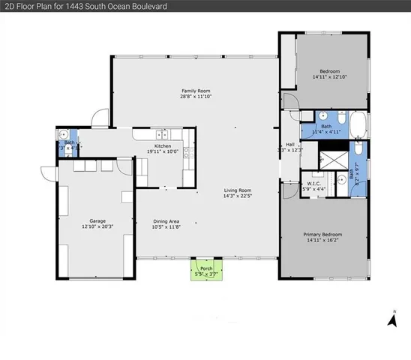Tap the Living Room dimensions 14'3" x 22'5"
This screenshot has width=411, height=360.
click(x=237, y=197)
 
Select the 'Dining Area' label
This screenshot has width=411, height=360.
click(x=166, y=221)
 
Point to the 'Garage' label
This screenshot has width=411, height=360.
click(x=97, y=221)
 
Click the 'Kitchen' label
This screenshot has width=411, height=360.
click(x=163, y=146)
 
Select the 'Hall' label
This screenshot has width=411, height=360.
click(x=289, y=145)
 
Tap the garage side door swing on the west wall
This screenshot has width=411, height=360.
click(x=48, y=173)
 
